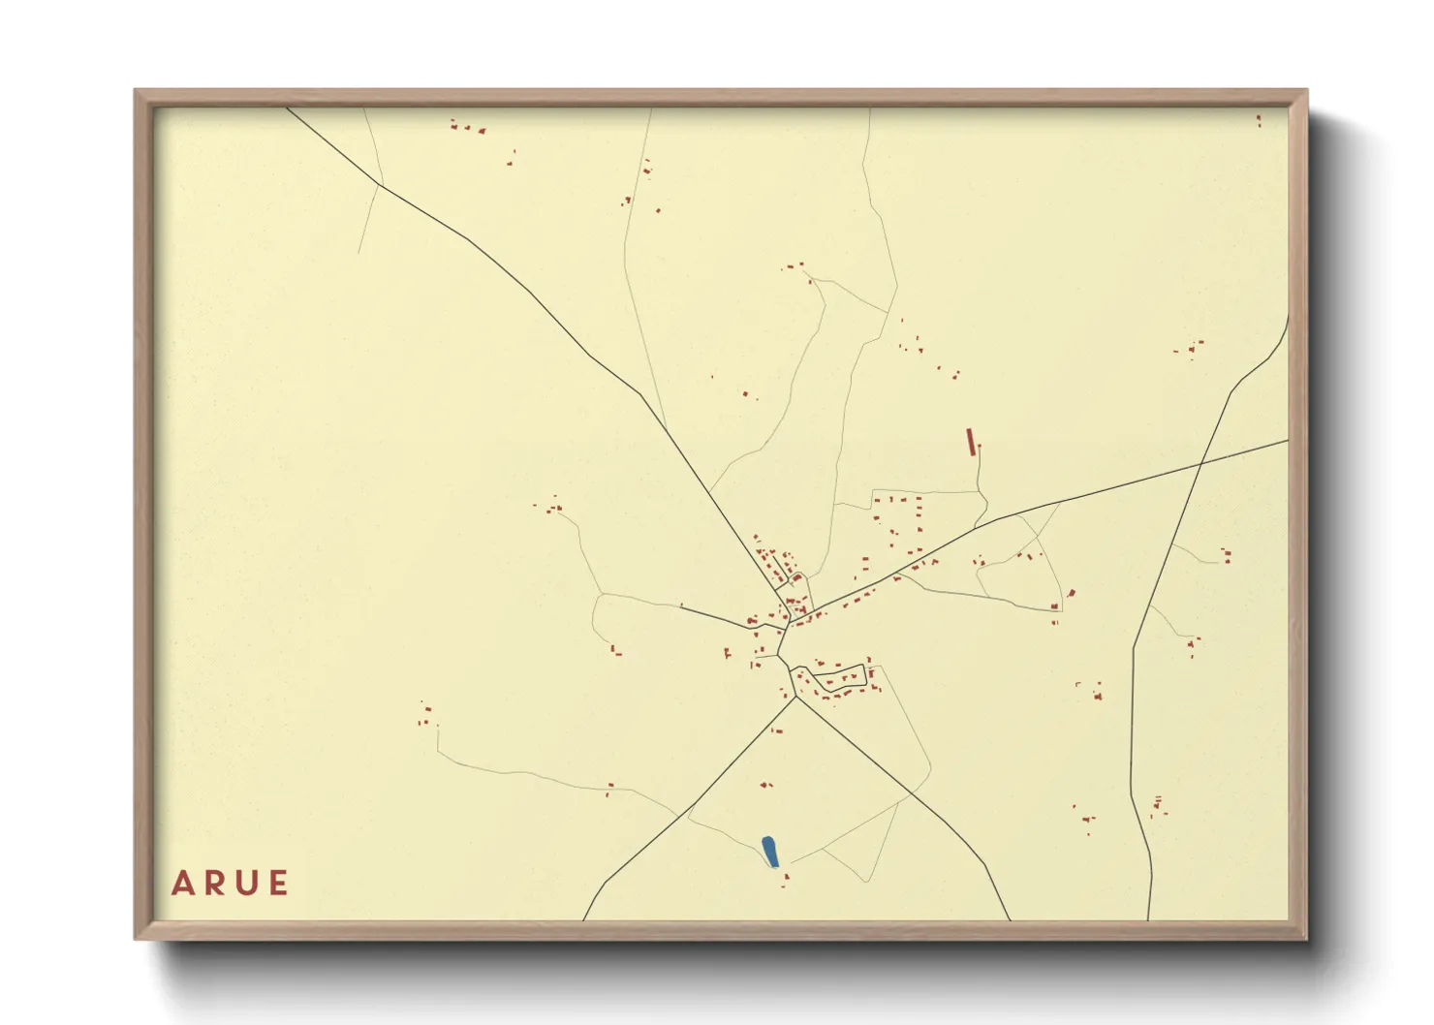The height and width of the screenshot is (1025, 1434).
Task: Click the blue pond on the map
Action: (770, 852)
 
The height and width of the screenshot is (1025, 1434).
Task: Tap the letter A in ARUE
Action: (182, 884)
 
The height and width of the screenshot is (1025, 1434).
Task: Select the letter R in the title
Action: (214, 884)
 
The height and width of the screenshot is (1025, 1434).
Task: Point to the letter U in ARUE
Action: (247, 884)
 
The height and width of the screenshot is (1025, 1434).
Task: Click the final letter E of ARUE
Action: (279, 884)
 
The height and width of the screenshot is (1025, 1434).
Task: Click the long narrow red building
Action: (970, 441)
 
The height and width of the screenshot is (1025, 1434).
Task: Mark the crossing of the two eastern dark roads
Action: (1201, 464)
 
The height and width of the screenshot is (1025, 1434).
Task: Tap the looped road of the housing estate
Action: (839, 678)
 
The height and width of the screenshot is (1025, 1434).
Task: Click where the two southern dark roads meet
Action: (795, 697)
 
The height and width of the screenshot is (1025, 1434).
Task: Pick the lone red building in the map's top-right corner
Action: (1259, 120)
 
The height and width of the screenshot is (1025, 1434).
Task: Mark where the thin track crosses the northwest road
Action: (381, 184)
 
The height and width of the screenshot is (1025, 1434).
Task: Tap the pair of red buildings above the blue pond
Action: (766, 784)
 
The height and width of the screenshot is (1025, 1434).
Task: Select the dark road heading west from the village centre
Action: (717, 617)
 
